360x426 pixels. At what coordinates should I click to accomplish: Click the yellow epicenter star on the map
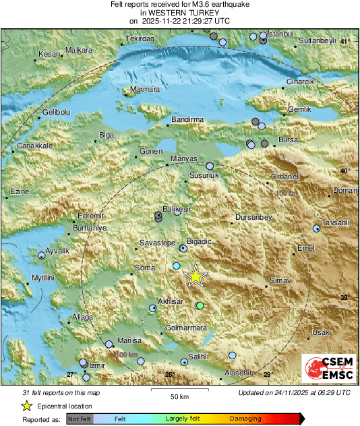[196, 276]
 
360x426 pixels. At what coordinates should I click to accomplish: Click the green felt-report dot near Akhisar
[200, 306]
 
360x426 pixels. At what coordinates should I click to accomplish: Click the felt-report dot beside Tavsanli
[317, 229]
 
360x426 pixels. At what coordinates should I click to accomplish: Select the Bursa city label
[288, 140]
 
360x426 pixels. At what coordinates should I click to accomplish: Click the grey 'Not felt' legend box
[79, 419]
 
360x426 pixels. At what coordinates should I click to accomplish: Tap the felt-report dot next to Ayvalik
[42, 255]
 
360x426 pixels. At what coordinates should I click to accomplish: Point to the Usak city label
[320, 333]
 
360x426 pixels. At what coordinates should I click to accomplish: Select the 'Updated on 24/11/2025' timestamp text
[295, 392]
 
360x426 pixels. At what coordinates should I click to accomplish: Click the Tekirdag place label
[140, 39]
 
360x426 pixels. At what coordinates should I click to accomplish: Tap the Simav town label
[279, 280]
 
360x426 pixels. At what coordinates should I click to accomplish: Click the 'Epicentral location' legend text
[65, 406]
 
